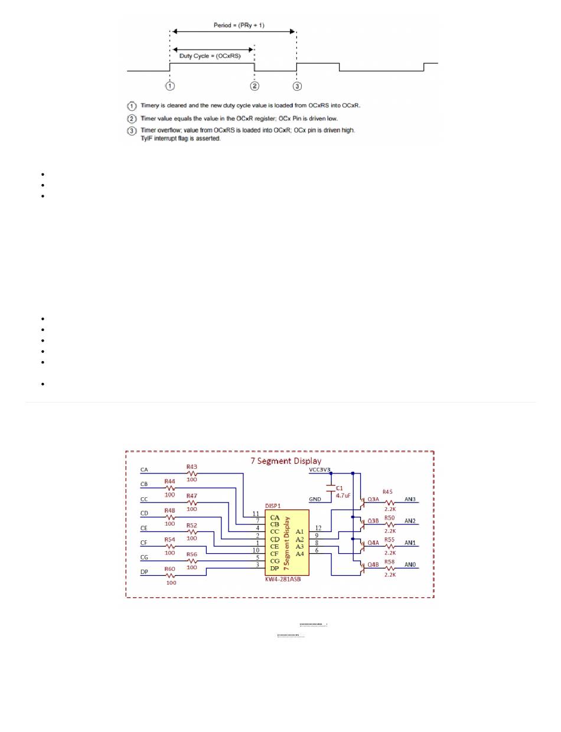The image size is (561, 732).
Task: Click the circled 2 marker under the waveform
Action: (x=255, y=86)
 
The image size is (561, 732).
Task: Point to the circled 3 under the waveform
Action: (x=297, y=86)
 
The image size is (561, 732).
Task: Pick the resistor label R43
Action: (x=191, y=467)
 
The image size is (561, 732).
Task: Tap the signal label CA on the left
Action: (x=144, y=470)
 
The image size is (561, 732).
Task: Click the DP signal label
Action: (x=144, y=572)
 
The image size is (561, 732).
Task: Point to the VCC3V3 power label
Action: (x=320, y=470)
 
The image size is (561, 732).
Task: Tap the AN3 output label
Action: (x=410, y=499)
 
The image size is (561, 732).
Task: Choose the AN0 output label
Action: (x=410, y=564)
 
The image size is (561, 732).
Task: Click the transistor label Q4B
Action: (x=373, y=564)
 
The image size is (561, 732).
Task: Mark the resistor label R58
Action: (x=389, y=562)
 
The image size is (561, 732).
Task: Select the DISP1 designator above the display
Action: (x=273, y=505)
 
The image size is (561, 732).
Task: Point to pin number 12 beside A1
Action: (x=319, y=528)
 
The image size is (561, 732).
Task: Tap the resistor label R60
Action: (x=171, y=569)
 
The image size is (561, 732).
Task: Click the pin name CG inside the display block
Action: (x=275, y=561)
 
